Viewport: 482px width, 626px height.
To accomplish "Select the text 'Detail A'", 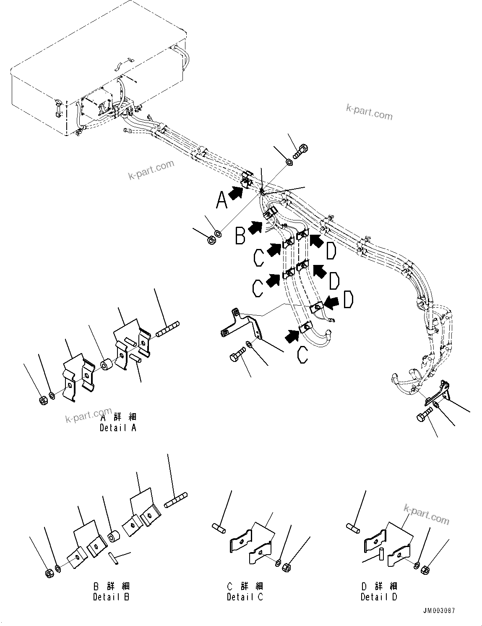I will coord(118,428).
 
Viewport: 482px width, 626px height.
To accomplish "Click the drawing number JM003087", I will coord(438,611).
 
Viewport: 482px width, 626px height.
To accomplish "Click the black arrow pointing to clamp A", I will coord(237,192).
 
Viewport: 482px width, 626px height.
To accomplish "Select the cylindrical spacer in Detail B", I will coord(114,537).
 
